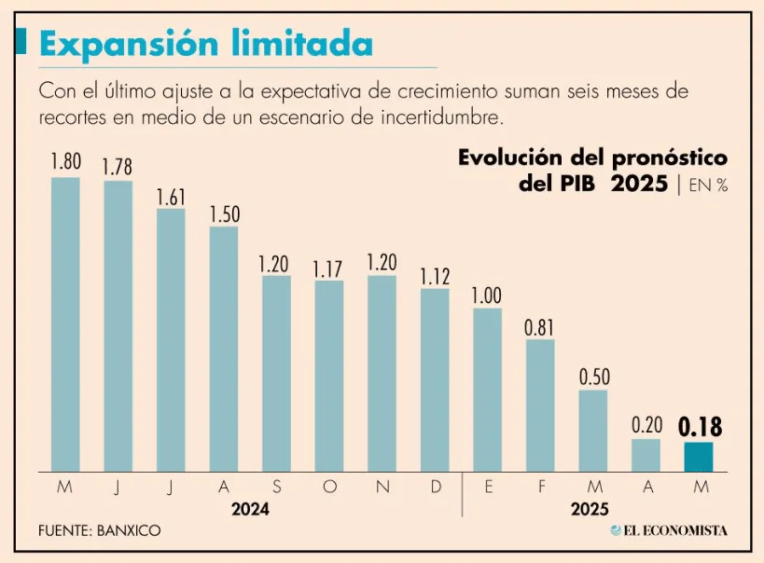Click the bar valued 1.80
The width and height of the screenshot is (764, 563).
click(65, 323)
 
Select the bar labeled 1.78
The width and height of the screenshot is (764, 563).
click(118, 325)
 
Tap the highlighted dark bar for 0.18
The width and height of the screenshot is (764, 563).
click(699, 457)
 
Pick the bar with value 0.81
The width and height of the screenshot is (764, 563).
click(540, 405)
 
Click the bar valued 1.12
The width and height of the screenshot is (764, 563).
click(435, 379)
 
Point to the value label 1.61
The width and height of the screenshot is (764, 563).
click(171, 197)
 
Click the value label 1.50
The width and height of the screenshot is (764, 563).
click(224, 214)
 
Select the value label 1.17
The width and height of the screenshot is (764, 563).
click(329, 269)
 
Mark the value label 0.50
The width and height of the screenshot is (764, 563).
click(593, 378)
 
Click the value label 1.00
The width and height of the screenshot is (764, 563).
click(487, 295)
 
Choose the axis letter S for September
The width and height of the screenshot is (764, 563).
click(276, 487)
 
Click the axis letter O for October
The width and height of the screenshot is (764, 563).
click(329, 487)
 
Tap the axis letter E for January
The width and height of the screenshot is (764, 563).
click(488, 487)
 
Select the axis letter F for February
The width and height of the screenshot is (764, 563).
click(540, 487)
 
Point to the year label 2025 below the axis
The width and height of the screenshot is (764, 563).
click(589, 510)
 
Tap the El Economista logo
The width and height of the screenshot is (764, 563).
click(669, 530)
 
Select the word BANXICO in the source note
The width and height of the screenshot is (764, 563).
click(128, 530)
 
